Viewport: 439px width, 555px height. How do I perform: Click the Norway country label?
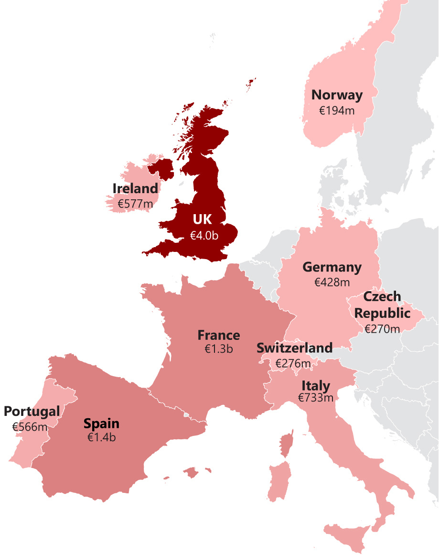337,95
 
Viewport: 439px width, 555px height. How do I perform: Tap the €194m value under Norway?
337,110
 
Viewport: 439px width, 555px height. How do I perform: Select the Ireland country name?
135,189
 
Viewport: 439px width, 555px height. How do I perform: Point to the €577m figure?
135,204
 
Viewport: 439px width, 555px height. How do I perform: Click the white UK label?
202,219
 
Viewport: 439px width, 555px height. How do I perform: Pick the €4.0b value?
204,235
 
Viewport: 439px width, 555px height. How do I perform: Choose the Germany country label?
332,267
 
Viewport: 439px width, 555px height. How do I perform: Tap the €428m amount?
332,283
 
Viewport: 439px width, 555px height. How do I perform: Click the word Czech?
382,297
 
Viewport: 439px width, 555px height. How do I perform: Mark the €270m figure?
382,329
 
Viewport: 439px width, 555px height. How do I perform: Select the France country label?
219,335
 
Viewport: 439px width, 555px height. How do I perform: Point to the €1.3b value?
219,349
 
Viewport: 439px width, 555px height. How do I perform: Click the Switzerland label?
294,348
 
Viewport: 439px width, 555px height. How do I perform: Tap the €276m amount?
293,364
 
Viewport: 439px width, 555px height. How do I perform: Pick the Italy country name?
316,385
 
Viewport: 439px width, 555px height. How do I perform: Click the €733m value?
316,397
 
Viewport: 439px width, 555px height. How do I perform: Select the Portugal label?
32,411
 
